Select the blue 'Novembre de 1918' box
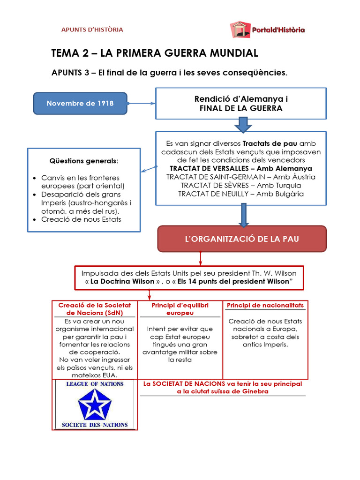[x=80, y=103]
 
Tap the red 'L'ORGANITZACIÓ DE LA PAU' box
[x=242, y=239]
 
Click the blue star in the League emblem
[x=94, y=404]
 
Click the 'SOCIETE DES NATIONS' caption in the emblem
[x=95, y=425]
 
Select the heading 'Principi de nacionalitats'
[x=265, y=305]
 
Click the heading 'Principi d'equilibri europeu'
[x=180, y=309]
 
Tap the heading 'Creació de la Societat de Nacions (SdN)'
[x=95, y=308]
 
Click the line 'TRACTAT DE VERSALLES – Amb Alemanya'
[x=241, y=168]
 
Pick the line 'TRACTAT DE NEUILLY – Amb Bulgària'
[x=241, y=194]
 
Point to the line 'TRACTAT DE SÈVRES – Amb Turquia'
[x=241, y=185]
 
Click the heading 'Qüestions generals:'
[x=84, y=161]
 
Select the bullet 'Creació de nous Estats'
[x=81, y=219]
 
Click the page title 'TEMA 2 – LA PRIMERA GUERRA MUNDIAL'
[x=154, y=52]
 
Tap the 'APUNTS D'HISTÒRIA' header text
[x=92, y=30]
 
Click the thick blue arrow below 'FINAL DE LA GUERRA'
[x=243, y=125]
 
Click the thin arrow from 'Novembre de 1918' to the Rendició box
[x=141, y=104]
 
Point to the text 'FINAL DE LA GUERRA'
[x=241, y=108]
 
